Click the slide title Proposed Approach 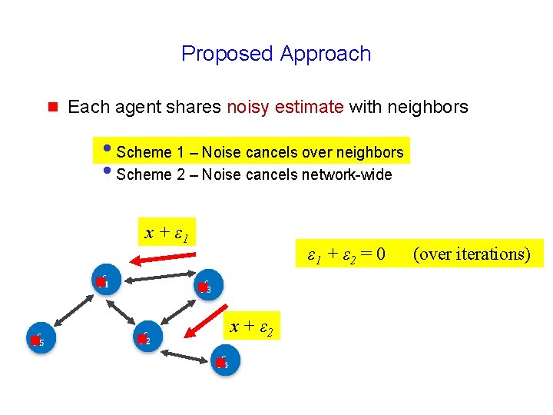276,54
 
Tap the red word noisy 247,107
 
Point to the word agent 137,107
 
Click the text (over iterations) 472,253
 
